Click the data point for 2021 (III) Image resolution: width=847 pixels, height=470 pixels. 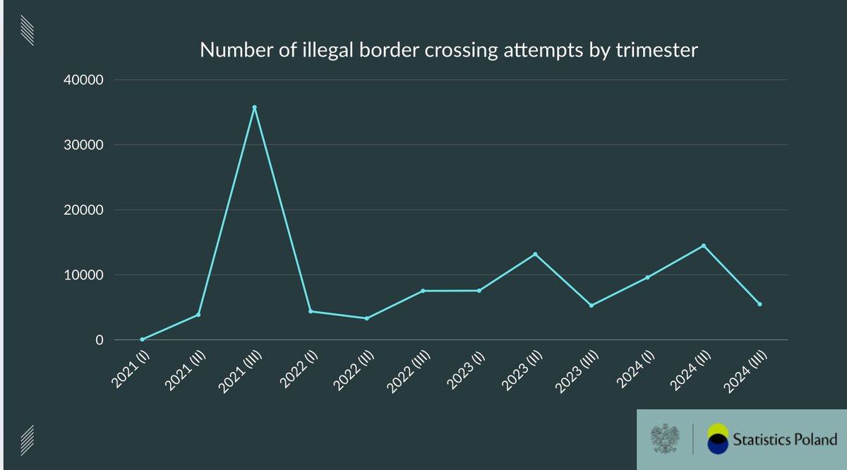pos(254,107)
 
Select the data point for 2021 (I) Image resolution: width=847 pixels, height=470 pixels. pos(142,339)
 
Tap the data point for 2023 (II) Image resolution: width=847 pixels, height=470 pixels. pos(535,254)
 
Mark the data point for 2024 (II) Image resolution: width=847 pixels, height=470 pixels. pos(704,246)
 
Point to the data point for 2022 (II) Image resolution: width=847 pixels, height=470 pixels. pos(366,318)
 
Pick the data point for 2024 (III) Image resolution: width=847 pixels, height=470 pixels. pos(759,304)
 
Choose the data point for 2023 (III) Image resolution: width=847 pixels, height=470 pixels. pos(591,306)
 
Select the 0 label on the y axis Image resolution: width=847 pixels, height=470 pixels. pos(100,340)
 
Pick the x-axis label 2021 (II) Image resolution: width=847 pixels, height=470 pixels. pos(184,366)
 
